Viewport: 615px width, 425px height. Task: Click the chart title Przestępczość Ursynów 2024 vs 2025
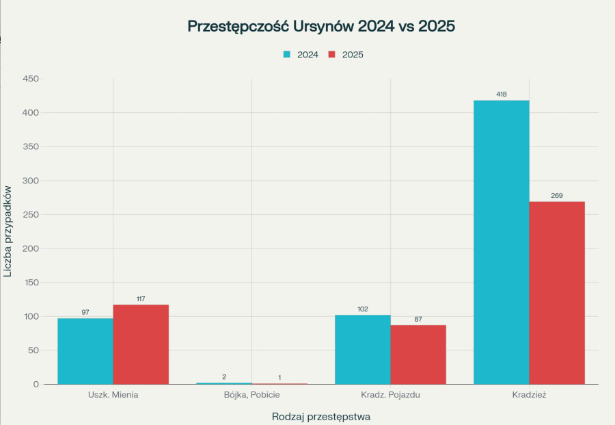coord(321,27)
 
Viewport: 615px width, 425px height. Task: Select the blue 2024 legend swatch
coord(287,54)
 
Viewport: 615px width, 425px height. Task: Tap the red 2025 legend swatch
coord(332,54)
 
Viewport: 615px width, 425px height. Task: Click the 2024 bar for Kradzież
coord(501,242)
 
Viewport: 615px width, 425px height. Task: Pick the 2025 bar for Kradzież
coord(557,293)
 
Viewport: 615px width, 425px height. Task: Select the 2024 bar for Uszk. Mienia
coord(85,351)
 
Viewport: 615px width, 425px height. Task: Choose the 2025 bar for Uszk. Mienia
coord(141,344)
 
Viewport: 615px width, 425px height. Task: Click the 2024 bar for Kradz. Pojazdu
coord(362,349)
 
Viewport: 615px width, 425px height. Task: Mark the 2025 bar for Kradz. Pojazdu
coord(418,355)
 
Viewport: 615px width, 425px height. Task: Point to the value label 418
coord(501,94)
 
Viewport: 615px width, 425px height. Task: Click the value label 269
coord(557,196)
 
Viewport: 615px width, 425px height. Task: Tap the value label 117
coord(141,299)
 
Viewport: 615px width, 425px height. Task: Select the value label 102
coord(362,309)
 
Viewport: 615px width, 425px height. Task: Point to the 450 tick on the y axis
coord(31,79)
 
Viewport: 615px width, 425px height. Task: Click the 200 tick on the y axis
coord(31,248)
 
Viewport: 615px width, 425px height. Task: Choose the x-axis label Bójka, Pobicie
coord(251,396)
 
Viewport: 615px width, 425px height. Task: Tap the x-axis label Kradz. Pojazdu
coord(390,396)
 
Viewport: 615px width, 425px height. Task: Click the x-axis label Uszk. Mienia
coord(113,396)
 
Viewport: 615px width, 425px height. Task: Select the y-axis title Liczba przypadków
coord(8,231)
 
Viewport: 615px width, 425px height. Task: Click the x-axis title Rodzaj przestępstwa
coord(321,416)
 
